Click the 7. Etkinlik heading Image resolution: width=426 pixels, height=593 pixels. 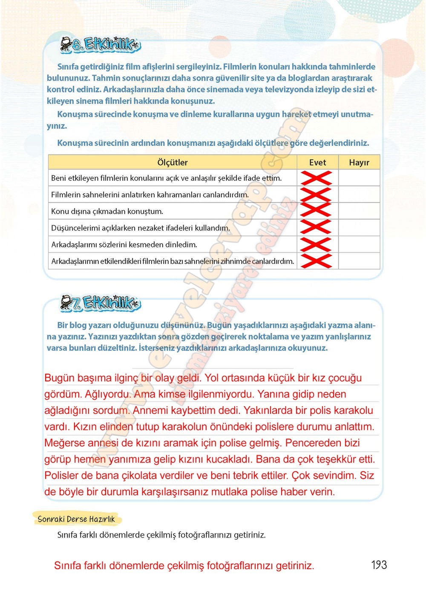(101, 303)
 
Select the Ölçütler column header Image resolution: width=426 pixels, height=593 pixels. (172, 163)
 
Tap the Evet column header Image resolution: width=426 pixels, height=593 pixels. (317, 163)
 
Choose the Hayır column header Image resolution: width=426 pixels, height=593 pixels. (359, 163)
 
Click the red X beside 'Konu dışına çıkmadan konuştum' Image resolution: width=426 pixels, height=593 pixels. (316, 211)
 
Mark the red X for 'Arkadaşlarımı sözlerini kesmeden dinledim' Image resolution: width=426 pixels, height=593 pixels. (316, 244)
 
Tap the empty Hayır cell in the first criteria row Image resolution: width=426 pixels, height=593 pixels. (359, 178)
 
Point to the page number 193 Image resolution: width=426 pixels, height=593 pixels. (379, 565)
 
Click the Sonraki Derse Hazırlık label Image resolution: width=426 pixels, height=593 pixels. (76, 519)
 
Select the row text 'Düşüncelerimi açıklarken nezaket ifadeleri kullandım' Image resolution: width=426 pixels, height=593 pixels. (141, 228)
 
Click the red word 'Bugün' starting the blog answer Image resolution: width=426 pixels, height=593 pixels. (59, 378)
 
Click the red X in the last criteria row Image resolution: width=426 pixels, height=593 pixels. (316, 261)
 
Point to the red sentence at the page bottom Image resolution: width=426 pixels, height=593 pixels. (184, 566)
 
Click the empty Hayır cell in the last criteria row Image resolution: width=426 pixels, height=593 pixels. (359, 261)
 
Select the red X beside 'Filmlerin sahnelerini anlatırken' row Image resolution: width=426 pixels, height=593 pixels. (316, 195)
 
